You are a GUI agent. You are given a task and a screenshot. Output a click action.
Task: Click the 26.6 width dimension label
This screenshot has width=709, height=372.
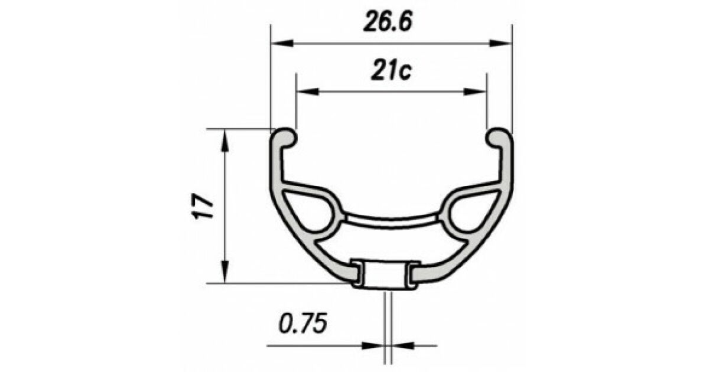point(388,22)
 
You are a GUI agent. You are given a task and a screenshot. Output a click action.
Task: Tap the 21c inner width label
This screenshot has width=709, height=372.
point(391,71)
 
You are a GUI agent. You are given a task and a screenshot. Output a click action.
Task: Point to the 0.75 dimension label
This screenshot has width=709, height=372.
point(303,323)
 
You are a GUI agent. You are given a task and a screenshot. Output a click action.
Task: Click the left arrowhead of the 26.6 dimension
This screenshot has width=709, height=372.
point(282,43)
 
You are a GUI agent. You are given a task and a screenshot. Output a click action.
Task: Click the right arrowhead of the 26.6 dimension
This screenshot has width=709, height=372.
point(500,43)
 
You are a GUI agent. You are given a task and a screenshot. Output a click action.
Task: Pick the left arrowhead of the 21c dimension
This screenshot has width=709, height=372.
point(307,92)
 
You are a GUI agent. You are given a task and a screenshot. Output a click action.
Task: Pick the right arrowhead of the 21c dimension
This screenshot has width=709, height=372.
point(475,92)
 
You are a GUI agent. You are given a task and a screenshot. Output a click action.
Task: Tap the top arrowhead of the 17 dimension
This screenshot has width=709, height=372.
point(225,141)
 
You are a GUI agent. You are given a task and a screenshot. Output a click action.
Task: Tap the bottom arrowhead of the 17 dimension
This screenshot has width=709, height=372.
point(225,272)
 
